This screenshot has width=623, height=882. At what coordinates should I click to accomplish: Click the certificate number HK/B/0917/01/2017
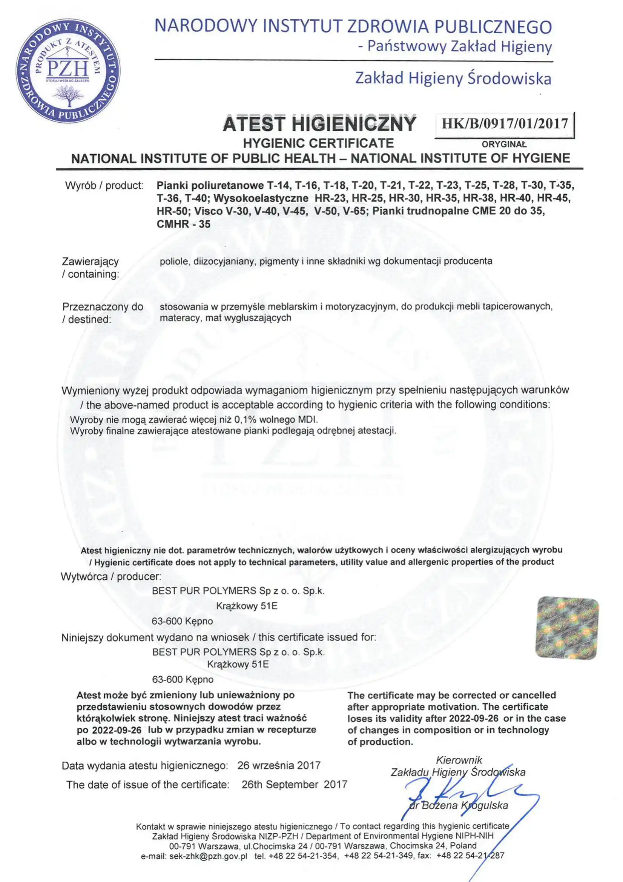[504, 124]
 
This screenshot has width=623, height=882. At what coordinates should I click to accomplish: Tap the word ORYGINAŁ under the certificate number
[504, 145]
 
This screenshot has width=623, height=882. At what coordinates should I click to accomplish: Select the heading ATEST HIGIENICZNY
[319, 124]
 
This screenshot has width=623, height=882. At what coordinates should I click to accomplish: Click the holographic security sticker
[567, 628]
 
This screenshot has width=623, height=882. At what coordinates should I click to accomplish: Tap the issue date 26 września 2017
[279, 766]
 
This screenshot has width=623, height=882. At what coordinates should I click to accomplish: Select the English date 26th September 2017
[294, 784]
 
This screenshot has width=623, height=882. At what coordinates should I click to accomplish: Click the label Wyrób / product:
[104, 186]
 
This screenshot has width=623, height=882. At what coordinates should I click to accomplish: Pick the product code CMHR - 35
[184, 224]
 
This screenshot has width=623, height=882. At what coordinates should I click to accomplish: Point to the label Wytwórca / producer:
[110, 577]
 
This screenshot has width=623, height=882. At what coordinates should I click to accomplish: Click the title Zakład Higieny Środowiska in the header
[453, 79]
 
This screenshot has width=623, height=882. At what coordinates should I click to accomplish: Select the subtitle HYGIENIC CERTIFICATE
[319, 143]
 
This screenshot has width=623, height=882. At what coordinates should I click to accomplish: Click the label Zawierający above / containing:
[90, 261]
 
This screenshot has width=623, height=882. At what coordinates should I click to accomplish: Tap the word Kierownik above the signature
[459, 760]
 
